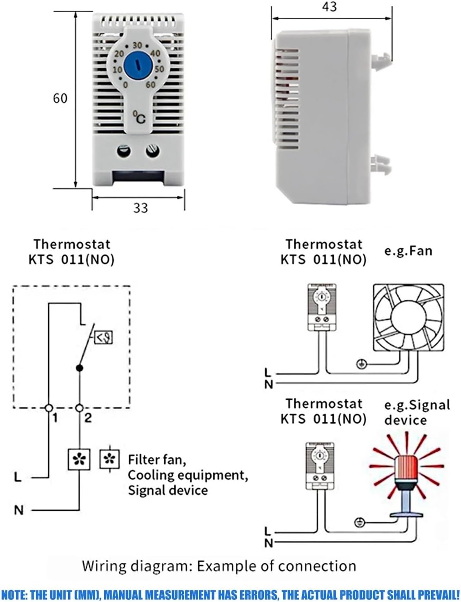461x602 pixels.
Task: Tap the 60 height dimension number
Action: click(x=60, y=98)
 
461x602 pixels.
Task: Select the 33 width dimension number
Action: click(x=140, y=208)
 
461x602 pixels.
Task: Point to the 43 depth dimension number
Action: click(x=329, y=7)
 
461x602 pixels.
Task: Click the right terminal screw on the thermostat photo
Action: click(x=152, y=151)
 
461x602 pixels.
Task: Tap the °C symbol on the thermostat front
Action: click(x=139, y=117)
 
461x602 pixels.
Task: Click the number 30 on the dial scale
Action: click(x=137, y=45)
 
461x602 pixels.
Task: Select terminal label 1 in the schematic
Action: click(x=55, y=417)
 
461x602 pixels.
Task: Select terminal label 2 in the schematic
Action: click(x=88, y=417)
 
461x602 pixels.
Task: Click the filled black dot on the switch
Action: click(x=80, y=368)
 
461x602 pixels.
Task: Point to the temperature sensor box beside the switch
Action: click(x=103, y=337)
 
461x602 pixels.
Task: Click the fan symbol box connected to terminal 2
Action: click(x=79, y=460)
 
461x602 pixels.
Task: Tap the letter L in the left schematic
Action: click(x=18, y=477)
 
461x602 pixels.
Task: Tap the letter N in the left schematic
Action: click(x=18, y=510)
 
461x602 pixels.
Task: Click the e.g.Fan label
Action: click(x=408, y=250)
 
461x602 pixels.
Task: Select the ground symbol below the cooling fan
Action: click(x=361, y=364)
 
